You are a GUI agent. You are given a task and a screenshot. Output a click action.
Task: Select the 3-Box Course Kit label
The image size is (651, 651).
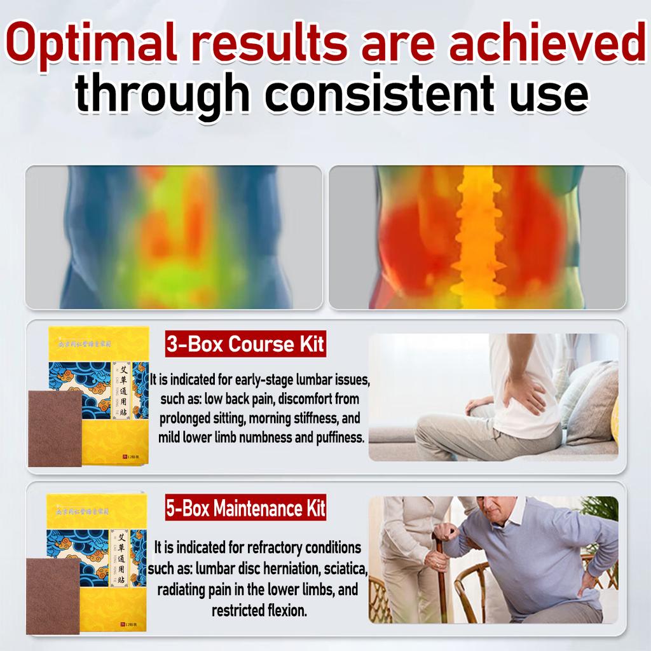pyautogui.click(x=245, y=345)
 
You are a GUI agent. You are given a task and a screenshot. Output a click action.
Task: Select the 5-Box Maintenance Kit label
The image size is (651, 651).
pyautogui.click(x=245, y=509)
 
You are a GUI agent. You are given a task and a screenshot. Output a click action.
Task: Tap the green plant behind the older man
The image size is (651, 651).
pyautogui.click(x=603, y=508)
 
